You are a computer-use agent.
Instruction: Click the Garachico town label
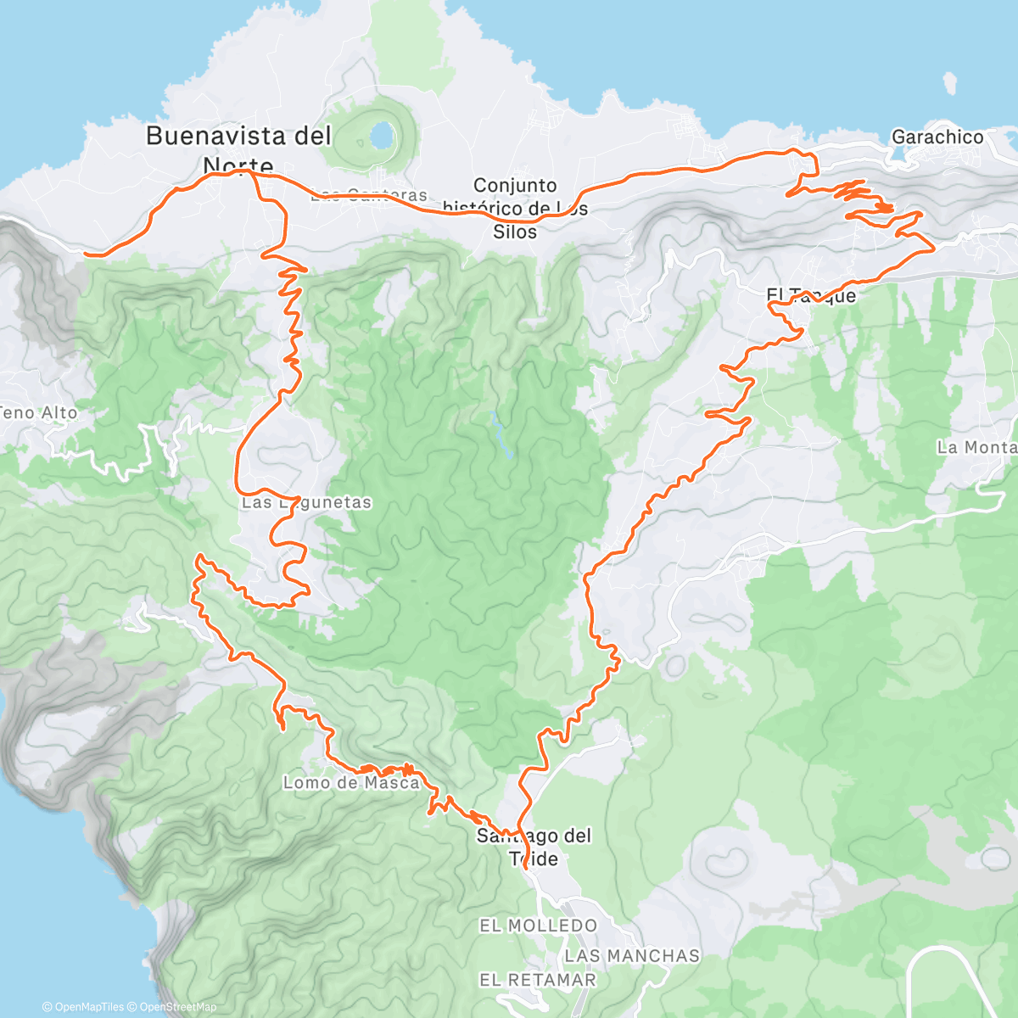[x=937, y=137]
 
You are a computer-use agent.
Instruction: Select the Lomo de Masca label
[x=351, y=783]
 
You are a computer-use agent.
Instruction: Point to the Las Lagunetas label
[x=306, y=502]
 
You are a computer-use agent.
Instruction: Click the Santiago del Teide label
[x=534, y=847]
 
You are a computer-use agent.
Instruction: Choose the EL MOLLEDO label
[x=538, y=926]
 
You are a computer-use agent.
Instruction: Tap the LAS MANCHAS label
[x=632, y=956]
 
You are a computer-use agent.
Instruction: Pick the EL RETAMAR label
[x=538, y=980]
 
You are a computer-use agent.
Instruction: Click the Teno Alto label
[x=38, y=413]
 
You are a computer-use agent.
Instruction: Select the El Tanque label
[x=811, y=295]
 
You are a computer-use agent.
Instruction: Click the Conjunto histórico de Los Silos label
[x=516, y=208]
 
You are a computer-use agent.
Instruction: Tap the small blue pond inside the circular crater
[x=381, y=135]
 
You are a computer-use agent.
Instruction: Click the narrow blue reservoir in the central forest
[x=501, y=434]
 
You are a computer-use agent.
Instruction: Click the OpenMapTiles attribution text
[x=83, y=1007]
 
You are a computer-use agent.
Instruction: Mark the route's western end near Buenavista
[x=87, y=253]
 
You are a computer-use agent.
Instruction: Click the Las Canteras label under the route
[x=369, y=196]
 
